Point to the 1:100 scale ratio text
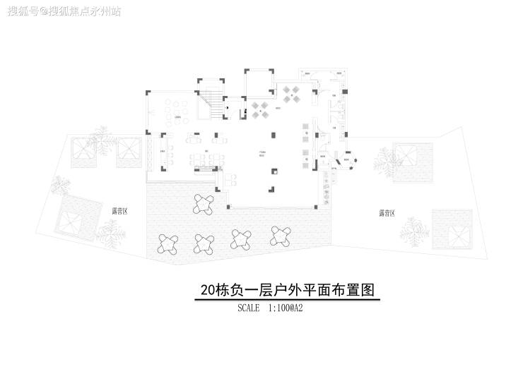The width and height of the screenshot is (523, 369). click(x=281, y=308)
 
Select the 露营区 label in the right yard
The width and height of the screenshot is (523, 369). click(x=387, y=212)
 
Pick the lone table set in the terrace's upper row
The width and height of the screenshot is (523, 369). click(x=204, y=204)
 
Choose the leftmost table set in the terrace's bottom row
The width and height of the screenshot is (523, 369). click(x=168, y=243)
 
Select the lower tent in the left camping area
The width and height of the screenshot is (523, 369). click(x=74, y=219)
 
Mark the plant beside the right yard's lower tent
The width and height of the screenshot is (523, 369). click(x=413, y=230)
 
